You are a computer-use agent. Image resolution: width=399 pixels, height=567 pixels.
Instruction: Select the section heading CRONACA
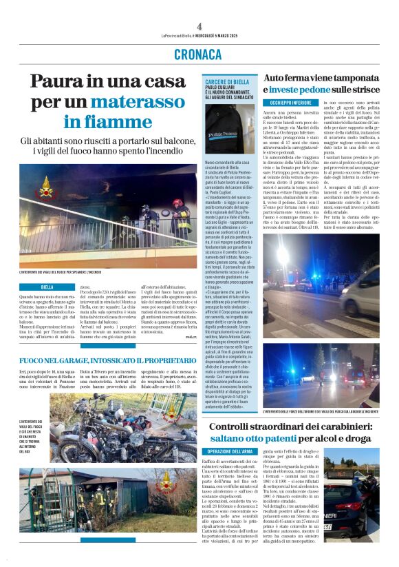[199, 54]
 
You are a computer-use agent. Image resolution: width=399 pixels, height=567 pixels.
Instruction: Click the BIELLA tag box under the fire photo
[47, 287]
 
